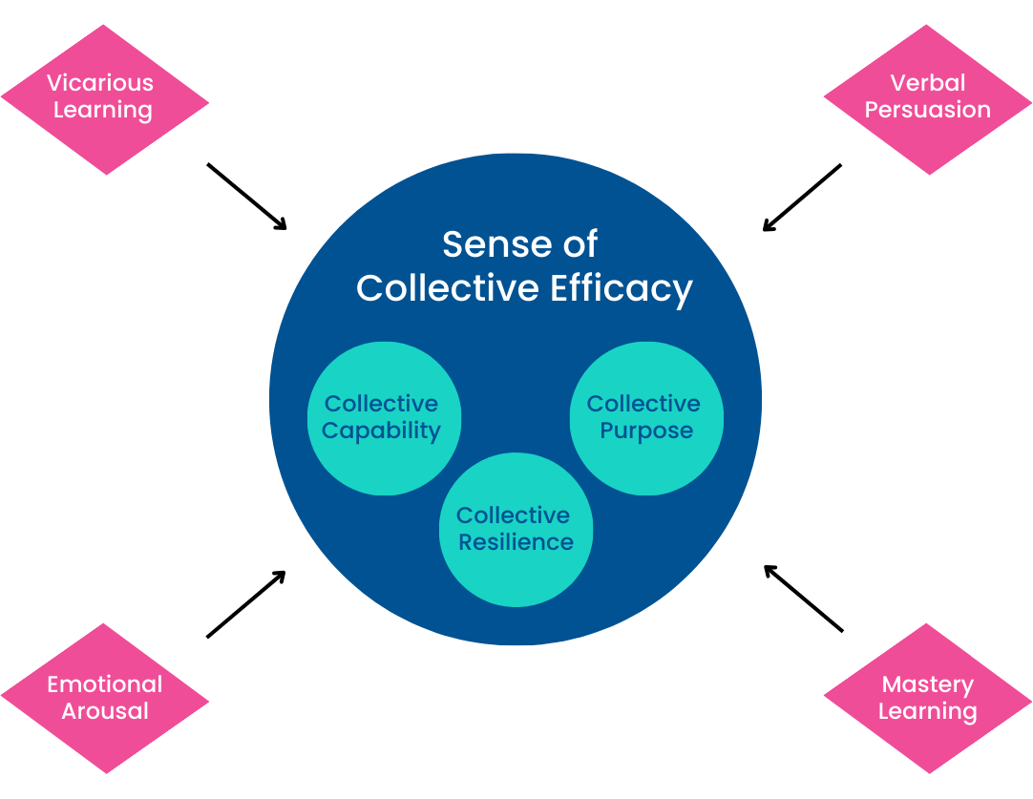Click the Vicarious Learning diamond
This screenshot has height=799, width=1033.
pos(105,99)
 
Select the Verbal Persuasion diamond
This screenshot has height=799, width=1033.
pos(928,99)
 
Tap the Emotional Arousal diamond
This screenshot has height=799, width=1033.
pos(105,699)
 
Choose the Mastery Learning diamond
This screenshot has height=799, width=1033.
pos(928,699)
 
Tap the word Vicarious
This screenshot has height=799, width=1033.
pos(100,83)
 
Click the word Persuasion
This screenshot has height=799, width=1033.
pos(928,110)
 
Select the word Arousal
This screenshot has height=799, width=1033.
pos(105,711)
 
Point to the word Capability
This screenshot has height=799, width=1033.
pos(381,431)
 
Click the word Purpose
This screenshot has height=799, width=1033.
pos(646,431)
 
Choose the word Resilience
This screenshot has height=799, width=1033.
pos(516,542)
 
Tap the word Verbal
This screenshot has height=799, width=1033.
pos(928,83)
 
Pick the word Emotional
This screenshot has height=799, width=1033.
pos(105,684)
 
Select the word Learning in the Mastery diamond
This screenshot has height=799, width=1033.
pos(928,711)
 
